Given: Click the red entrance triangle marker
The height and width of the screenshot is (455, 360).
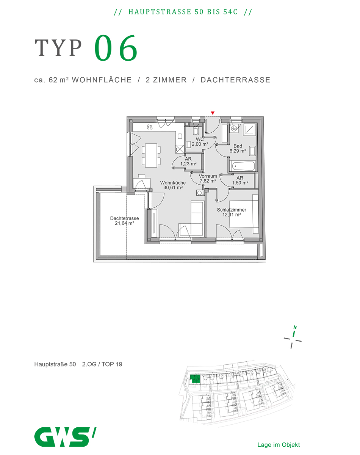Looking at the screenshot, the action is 213,113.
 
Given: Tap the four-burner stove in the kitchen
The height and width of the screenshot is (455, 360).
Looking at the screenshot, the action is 150,127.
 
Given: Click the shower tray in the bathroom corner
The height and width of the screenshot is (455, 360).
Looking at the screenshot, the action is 250,129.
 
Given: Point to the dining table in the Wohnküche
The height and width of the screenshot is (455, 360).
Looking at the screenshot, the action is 151,155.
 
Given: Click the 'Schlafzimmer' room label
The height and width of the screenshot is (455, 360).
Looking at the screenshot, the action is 232,210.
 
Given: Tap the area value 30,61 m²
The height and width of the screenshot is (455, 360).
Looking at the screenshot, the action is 173,188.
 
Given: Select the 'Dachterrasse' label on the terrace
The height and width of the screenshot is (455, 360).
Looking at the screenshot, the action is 125,218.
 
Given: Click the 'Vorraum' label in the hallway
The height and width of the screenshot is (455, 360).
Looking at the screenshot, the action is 208,176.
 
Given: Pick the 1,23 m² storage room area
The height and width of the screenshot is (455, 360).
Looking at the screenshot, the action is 188,164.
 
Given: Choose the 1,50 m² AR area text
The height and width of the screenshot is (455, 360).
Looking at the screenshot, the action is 240,183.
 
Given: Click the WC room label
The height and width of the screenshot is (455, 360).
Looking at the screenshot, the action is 200,139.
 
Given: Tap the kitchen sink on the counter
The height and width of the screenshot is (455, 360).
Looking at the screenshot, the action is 180,136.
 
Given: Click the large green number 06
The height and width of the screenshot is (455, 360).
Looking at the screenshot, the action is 116,48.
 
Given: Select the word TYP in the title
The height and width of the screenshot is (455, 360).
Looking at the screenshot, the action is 58,48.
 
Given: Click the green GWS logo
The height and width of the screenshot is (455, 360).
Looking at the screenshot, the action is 65,436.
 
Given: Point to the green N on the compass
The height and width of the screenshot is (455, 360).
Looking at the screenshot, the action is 295,328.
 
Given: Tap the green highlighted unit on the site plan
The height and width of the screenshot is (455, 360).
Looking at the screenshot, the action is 195,379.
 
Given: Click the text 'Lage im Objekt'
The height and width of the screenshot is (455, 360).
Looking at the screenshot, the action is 279,445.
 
